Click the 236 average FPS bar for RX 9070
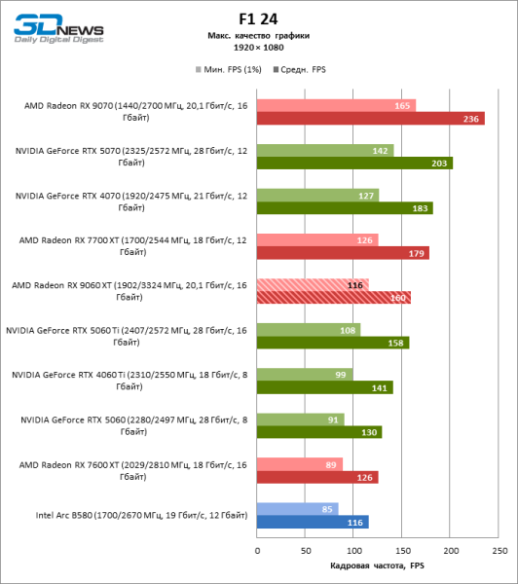tap(370, 119)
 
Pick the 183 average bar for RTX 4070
tap(345, 208)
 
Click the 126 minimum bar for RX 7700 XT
tap(317, 239)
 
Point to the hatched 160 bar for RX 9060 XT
tap(333, 298)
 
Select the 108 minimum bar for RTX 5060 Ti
tap(309, 329)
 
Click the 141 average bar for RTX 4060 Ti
tap(324, 387)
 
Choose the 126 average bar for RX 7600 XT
tap(317, 477)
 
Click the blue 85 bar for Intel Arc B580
tap(297, 508)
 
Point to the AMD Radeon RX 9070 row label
tap(127, 110)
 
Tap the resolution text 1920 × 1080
tap(259, 46)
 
